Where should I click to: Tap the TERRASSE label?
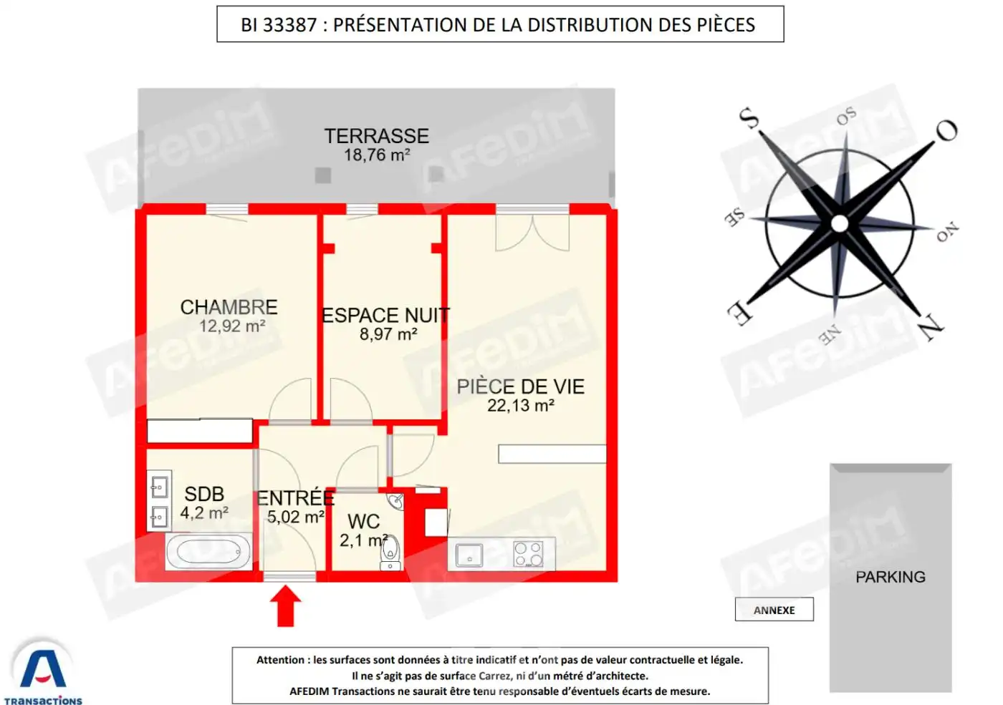tap(376, 136)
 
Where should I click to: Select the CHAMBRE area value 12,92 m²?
tap(232, 326)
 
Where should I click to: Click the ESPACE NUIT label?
tap(385, 316)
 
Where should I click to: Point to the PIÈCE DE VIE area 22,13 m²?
tap(520, 406)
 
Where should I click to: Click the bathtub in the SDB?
tap(208, 552)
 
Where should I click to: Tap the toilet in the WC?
tap(390, 549)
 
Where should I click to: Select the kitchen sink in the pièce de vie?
tap(469, 555)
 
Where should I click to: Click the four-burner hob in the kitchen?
tap(528, 554)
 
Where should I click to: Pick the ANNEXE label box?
tap(774, 610)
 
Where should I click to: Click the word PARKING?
tap(890, 577)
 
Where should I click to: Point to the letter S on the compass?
tap(749, 117)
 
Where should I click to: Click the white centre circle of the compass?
tap(840, 223)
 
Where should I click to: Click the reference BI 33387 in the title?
tap(279, 25)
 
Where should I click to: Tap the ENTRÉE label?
tap(295, 498)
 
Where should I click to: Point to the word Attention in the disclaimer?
tap(281, 660)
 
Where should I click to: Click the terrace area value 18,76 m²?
tap(376, 155)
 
